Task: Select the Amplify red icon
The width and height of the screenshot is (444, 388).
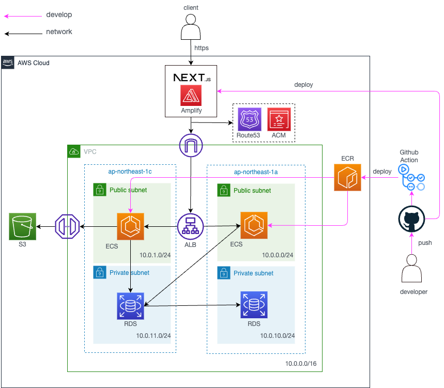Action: (x=191, y=96)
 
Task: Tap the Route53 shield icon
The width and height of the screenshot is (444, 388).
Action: (x=249, y=119)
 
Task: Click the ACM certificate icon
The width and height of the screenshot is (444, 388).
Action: (x=279, y=119)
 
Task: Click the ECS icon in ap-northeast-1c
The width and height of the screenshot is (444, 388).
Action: (x=130, y=226)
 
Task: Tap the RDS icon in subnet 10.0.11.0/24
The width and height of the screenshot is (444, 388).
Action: (x=130, y=305)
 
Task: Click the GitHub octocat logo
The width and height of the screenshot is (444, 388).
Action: (x=412, y=221)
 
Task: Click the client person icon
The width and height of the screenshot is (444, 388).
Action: (x=191, y=27)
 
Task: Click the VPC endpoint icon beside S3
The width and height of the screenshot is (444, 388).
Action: (x=67, y=226)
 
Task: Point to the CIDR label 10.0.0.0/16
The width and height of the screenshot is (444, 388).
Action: (x=300, y=364)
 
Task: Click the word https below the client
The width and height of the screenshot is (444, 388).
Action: (x=202, y=48)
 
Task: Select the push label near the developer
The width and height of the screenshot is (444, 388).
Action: (x=425, y=242)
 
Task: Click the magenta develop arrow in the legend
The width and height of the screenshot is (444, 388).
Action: (x=23, y=16)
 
